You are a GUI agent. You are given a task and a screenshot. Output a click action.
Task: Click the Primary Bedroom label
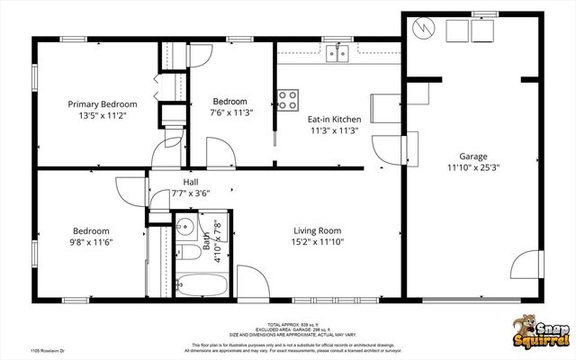click(x=102, y=104)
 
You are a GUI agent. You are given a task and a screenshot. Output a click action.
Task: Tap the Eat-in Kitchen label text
click(x=334, y=119)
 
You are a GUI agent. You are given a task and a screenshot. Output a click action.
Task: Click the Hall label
click(x=190, y=182)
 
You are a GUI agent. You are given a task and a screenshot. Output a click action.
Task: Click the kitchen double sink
click(x=338, y=53)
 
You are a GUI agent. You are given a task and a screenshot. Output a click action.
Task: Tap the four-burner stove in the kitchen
click(x=289, y=100)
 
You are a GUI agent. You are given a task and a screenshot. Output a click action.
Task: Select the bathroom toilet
click(x=188, y=255)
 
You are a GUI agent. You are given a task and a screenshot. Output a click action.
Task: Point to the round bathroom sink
click(x=186, y=225)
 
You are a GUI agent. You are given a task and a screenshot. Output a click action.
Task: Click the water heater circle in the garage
click(x=421, y=30)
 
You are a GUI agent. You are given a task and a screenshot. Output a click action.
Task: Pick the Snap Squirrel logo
click(x=541, y=330)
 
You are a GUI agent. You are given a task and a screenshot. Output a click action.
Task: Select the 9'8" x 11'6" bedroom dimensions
click(x=92, y=241)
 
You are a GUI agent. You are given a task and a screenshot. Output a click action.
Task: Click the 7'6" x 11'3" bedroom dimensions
click(x=231, y=113)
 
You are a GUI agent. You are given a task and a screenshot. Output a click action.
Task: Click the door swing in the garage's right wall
click(x=522, y=266)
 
